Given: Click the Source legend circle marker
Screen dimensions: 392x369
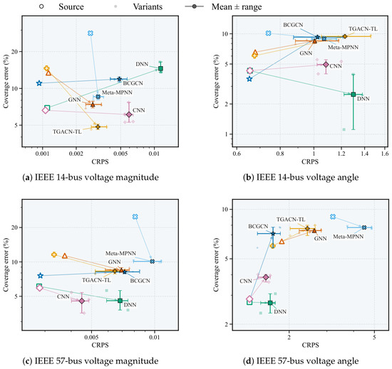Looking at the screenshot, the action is [41, 6].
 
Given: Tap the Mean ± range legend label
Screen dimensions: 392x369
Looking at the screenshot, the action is [237, 6].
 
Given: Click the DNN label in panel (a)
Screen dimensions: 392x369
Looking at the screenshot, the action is [142, 64].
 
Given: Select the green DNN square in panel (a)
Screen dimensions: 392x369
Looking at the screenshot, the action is [160, 68].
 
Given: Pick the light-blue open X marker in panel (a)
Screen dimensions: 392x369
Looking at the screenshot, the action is [91, 33].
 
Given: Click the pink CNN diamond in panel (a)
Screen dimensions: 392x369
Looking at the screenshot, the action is [129, 114].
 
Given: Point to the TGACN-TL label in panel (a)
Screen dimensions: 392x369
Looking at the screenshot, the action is [67, 132].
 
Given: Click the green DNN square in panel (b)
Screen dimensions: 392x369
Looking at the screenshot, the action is [353, 95].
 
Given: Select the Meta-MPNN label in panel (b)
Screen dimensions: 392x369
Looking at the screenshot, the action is [343, 47].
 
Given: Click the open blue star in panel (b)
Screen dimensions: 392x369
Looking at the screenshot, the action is [249, 79].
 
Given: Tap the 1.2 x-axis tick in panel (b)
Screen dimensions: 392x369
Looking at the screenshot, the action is [341, 154].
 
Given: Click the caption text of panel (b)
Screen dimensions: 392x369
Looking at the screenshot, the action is [301, 177].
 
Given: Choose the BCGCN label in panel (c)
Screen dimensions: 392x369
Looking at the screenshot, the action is [140, 281].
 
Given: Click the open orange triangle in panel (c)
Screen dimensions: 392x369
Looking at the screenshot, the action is [65, 256].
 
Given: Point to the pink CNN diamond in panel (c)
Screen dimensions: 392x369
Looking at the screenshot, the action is [82, 301].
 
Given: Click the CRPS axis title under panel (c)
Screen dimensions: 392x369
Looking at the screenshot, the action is [100, 345].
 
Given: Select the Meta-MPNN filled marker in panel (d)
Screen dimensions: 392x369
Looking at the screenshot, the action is [364, 228].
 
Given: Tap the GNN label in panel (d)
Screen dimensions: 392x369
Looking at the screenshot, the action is [321, 239].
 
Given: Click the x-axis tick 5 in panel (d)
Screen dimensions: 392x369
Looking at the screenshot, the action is [374, 337].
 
